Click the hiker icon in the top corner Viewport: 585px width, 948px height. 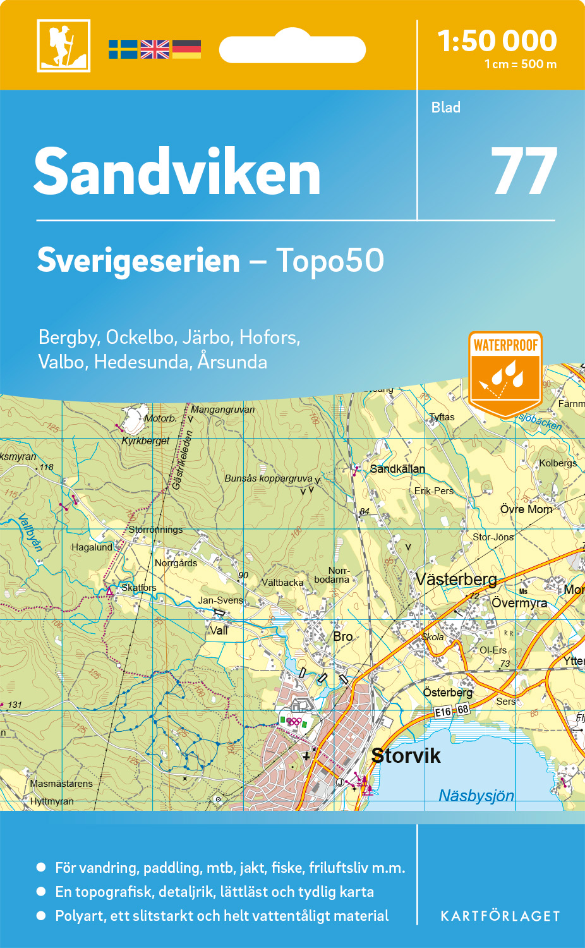pos(64,46)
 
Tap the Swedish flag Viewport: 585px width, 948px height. pos(123,49)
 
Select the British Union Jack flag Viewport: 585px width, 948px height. pos(155,49)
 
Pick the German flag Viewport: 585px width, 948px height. pos(186,49)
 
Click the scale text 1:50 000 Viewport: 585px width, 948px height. pos(497,41)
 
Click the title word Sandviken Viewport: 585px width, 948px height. pos(178,172)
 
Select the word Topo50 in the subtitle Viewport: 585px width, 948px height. pos(330,260)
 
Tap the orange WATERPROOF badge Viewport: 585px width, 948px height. pos(505,372)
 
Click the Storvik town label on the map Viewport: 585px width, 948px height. pos(406,755)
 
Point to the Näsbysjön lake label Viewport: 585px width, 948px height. pos(476,796)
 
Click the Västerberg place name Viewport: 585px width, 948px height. pos(456,579)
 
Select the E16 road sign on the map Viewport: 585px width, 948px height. pos(443,712)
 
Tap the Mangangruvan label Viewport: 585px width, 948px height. pos(222,410)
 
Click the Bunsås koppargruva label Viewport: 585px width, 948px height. pos(268,478)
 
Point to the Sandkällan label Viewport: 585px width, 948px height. pos(397,469)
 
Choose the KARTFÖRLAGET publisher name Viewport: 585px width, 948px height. pos(500,916)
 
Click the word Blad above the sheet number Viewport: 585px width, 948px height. pos(445,107)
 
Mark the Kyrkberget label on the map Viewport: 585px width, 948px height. pos(145,441)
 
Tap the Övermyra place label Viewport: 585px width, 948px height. pos(519,603)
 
